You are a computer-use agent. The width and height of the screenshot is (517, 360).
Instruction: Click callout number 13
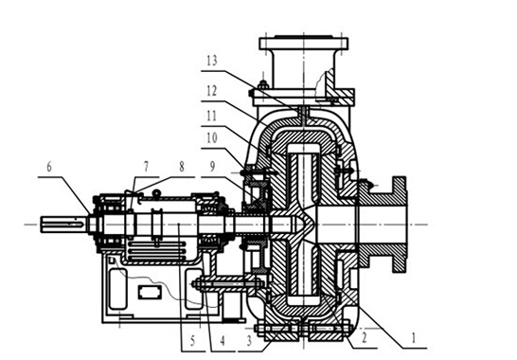212,61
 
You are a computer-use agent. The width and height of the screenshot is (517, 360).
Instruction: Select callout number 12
212,90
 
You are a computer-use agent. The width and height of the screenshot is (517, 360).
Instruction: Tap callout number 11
212,116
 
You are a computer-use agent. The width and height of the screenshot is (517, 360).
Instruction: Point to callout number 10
212,138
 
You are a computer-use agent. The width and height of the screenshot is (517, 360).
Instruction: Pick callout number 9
213,167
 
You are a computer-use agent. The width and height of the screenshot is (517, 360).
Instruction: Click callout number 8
182,167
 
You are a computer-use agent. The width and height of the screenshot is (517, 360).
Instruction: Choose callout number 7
147,167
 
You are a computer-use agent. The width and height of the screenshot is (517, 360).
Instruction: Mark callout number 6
49,167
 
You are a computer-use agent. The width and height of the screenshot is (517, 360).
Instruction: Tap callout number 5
193,340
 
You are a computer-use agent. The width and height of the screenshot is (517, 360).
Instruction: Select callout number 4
223,340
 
